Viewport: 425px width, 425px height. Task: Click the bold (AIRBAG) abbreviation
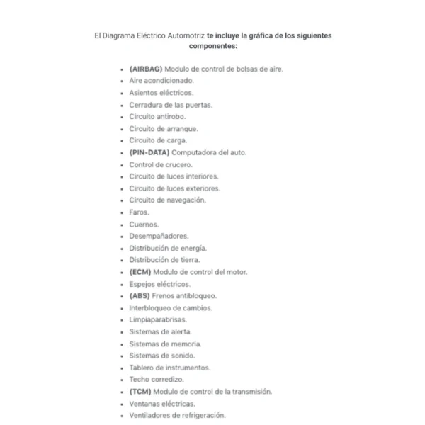click(x=146, y=69)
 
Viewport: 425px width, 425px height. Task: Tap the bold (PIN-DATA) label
click(x=149, y=152)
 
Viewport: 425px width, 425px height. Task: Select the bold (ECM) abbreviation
click(x=140, y=272)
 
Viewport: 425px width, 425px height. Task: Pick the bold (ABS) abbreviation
click(x=140, y=296)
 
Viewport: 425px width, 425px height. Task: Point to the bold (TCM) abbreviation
click(x=140, y=392)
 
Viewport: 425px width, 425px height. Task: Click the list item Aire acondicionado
click(x=161, y=81)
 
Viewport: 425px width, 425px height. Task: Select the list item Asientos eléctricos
click(x=161, y=93)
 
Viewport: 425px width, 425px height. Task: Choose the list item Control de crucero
click(x=161, y=164)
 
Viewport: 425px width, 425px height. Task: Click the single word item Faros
click(x=139, y=212)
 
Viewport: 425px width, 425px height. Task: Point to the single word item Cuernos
click(x=144, y=225)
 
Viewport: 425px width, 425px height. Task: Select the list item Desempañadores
click(x=159, y=237)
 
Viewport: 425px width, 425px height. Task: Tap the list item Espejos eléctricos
click(x=160, y=284)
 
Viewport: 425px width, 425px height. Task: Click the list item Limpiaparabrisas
click(x=158, y=320)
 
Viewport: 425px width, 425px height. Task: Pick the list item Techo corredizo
click(x=157, y=380)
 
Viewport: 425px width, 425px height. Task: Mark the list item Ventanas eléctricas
click(x=162, y=404)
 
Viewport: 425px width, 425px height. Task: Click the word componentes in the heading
click(x=212, y=46)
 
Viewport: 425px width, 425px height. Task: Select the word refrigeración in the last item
click(x=202, y=416)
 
